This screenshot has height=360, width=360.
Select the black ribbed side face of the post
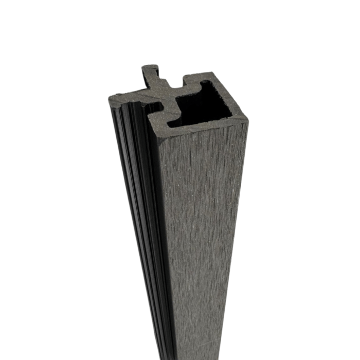[x=139, y=206]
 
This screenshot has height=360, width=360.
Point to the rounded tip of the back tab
[x=149, y=67]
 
